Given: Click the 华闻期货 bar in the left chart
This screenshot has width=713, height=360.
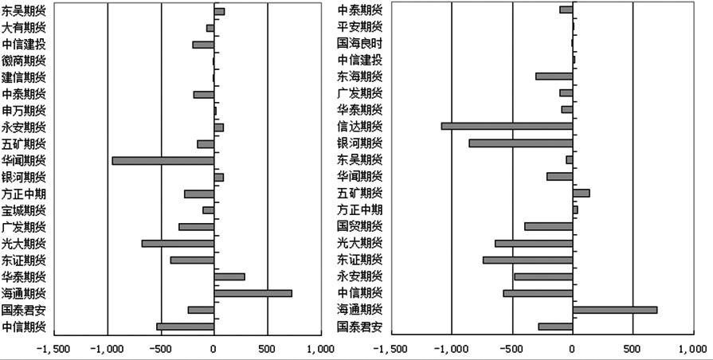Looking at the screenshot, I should (x=163, y=160).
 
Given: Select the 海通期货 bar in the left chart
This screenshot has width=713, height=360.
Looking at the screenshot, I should (x=253, y=293).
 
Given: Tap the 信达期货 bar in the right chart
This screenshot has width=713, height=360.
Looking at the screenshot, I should (x=507, y=126).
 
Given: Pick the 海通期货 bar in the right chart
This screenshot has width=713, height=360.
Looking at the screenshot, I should (x=614, y=309).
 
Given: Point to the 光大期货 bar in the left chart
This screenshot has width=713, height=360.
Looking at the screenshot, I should (x=178, y=243).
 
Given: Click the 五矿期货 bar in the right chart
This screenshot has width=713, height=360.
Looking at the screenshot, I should (x=581, y=193).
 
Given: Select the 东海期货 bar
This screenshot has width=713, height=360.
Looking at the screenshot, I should (x=554, y=76).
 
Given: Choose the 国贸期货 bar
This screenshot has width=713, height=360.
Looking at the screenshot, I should (x=548, y=226).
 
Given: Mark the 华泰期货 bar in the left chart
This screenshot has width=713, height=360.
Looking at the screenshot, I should (x=229, y=276).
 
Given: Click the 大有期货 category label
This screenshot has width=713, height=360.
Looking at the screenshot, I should (x=24, y=27).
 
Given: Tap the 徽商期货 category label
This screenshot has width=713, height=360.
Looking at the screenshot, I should (x=24, y=61).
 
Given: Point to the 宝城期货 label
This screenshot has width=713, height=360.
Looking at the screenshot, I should (x=24, y=210).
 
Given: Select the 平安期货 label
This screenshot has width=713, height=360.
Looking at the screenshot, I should (x=359, y=27).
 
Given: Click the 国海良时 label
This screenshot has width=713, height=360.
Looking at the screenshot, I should (x=359, y=44).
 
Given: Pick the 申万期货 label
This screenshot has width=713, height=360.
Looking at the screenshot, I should (x=24, y=110).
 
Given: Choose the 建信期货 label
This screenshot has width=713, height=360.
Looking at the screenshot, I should (x=24, y=77).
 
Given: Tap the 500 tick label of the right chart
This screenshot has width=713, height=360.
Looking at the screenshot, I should (x=633, y=348).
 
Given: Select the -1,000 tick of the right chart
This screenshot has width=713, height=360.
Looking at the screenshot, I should (x=451, y=348).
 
